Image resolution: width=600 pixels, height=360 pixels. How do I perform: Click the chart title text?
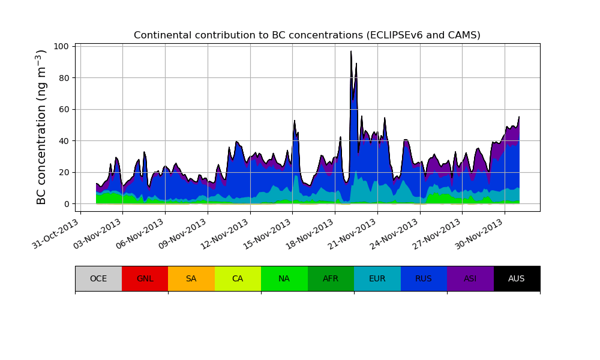pyautogui.click(x=307, y=35)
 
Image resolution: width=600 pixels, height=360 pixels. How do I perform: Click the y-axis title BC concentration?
pyautogui.click(x=41, y=127)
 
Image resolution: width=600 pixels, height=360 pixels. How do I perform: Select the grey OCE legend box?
pyautogui.click(x=98, y=278)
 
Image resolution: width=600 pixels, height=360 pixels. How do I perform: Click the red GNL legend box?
pyautogui.click(x=145, y=278)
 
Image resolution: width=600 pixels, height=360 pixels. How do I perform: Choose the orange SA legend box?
pyautogui.click(x=191, y=278)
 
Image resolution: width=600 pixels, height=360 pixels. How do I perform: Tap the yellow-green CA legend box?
pyautogui.click(x=238, y=278)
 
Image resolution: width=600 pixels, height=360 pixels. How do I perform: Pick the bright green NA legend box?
pyautogui.click(x=284, y=278)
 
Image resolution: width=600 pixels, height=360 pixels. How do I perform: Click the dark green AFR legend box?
pyautogui.click(x=331, y=278)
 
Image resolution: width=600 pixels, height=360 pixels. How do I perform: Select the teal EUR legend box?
pyautogui.click(x=377, y=278)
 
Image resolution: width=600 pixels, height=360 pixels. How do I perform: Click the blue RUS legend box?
pyautogui.click(x=424, y=278)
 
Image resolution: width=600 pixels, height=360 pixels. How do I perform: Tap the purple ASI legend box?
pyautogui.click(x=470, y=278)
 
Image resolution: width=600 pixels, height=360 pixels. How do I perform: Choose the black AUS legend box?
pyautogui.click(x=517, y=278)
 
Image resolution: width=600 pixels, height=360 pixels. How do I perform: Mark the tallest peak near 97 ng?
pyautogui.click(x=351, y=52)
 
